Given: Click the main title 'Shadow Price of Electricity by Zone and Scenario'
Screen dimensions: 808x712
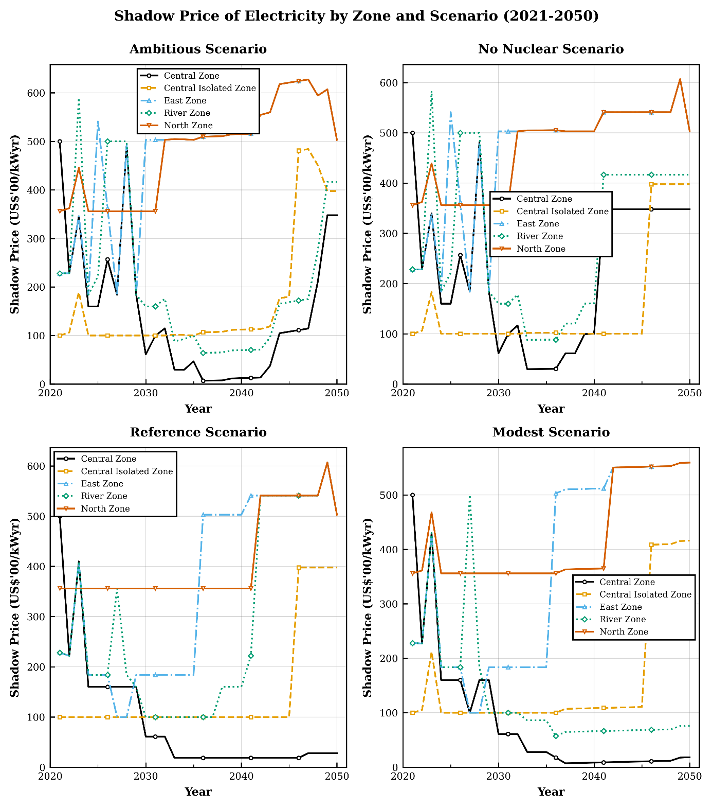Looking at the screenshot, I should (x=356, y=16).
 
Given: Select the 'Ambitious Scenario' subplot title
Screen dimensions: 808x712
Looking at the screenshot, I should (x=198, y=49).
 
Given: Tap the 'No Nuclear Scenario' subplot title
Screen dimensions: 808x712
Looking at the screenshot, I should (x=551, y=49).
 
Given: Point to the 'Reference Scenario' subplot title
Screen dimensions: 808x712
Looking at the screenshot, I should (x=198, y=432).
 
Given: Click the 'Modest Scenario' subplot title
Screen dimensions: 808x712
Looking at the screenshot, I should (x=551, y=432).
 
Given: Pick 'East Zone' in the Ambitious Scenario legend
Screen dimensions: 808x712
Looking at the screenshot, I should (x=185, y=101).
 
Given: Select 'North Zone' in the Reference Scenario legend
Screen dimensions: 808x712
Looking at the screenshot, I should (x=105, y=508).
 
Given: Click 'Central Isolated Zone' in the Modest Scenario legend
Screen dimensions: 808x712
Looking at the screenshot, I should (x=645, y=594).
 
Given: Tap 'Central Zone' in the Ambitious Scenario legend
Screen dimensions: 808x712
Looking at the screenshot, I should (x=191, y=76).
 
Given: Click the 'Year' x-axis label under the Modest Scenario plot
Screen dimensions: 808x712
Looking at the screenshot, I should (x=551, y=792).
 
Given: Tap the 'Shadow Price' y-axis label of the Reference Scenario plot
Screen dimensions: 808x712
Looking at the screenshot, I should (x=15, y=607).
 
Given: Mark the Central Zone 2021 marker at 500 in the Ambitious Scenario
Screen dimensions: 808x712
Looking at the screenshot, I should (x=60, y=142).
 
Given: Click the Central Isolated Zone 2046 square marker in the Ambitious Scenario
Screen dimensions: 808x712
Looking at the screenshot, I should (x=299, y=151).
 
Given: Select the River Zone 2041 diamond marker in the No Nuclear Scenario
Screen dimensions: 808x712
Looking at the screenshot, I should (x=604, y=175).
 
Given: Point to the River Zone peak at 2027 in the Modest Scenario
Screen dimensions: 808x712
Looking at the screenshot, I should (x=470, y=496).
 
